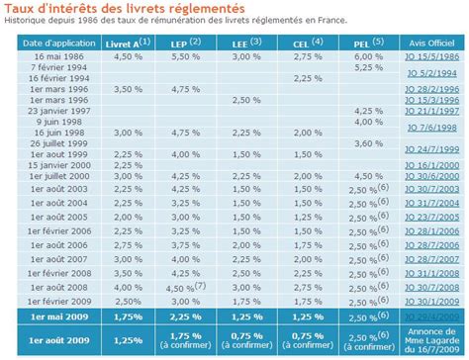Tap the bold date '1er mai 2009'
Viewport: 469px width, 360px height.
pyautogui.click(x=48, y=318)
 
